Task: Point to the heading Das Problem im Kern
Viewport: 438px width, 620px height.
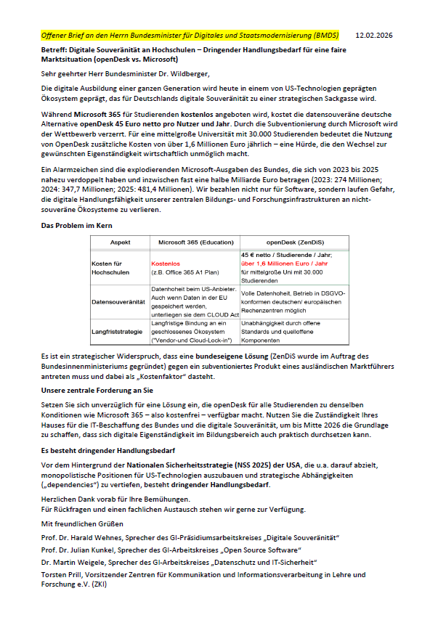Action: pyautogui.click(x=76, y=227)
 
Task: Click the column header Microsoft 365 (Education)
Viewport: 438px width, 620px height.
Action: pyautogui.click(x=193, y=242)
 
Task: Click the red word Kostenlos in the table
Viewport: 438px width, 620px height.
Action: pyautogui.click(x=165, y=264)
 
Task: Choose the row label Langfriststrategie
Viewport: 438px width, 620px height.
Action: pyautogui.click(x=117, y=330)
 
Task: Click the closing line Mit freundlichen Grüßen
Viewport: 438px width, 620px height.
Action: pyautogui.click(x=83, y=523)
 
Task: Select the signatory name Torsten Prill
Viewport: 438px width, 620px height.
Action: pyautogui.click(x=62, y=574)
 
